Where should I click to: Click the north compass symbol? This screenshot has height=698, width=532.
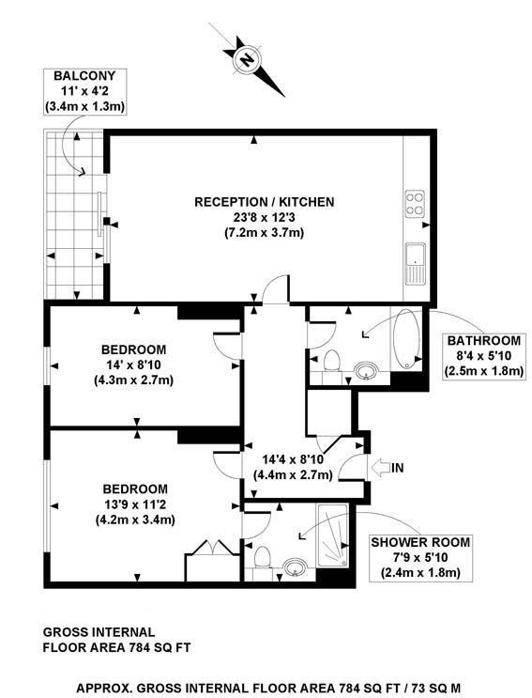pyautogui.click(x=248, y=60)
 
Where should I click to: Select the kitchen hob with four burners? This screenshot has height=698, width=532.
pyautogui.click(x=415, y=204)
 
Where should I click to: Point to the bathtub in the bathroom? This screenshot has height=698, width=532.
pyautogui.click(x=407, y=340)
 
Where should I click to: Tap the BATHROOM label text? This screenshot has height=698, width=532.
pyautogui.click(x=483, y=341)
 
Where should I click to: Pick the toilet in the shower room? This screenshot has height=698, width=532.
pyautogui.click(x=265, y=558)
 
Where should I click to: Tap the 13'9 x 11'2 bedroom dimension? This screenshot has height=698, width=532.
pyautogui.click(x=135, y=504)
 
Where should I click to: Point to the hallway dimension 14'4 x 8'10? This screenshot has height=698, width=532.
pyautogui.click(x=294, y=459)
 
